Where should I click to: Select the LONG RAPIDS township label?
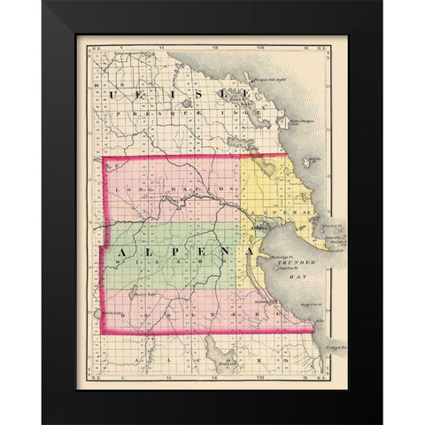pos(176,189)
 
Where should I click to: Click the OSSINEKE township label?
pos(190,313)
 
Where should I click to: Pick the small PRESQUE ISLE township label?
pos(168,113)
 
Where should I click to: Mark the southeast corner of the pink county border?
pos(315,332)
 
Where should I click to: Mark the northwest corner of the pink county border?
pos(105,159)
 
